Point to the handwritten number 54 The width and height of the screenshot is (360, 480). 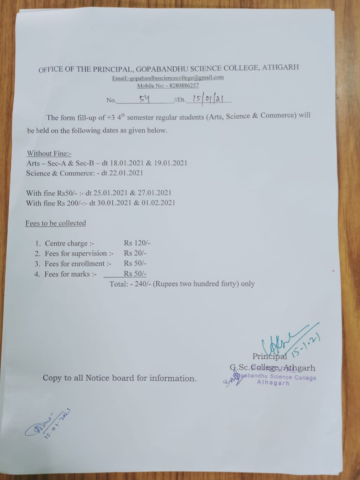pyautogui.click(x=144, y=99)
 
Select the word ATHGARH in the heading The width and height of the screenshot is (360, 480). pyautogui.click(x=280, y=67)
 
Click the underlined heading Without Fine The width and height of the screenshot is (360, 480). pyautogui.click(x=49, y=153)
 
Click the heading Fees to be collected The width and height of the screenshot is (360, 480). pyautogui.click(x=55, y=223)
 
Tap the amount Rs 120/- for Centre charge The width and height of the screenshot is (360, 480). pyautogui.click(x=137, y=243)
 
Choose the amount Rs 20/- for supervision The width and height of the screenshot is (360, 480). pyautogui.click(x=135, y=253)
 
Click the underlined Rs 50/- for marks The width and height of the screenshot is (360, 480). pyautogui.click(x=135, y=274)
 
